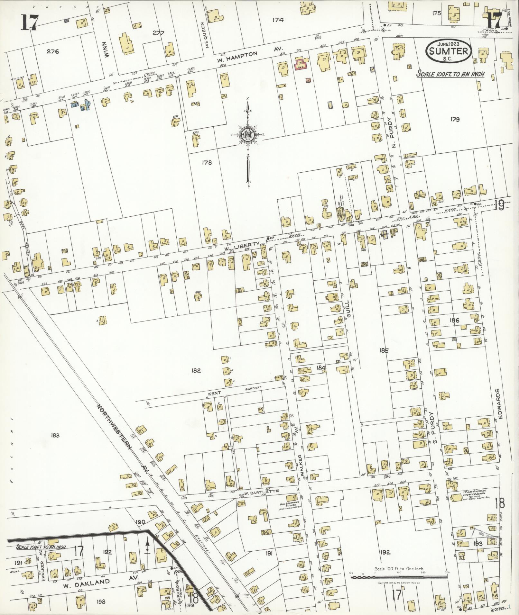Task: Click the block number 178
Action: (x=207, y=163)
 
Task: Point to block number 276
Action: (x=53, y=51)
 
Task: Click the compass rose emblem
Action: (x=248, y=135)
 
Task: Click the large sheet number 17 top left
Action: (x=30, y=22)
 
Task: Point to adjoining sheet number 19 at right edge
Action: (x=499, y=205)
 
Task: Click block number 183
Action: (x=55, y=435)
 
